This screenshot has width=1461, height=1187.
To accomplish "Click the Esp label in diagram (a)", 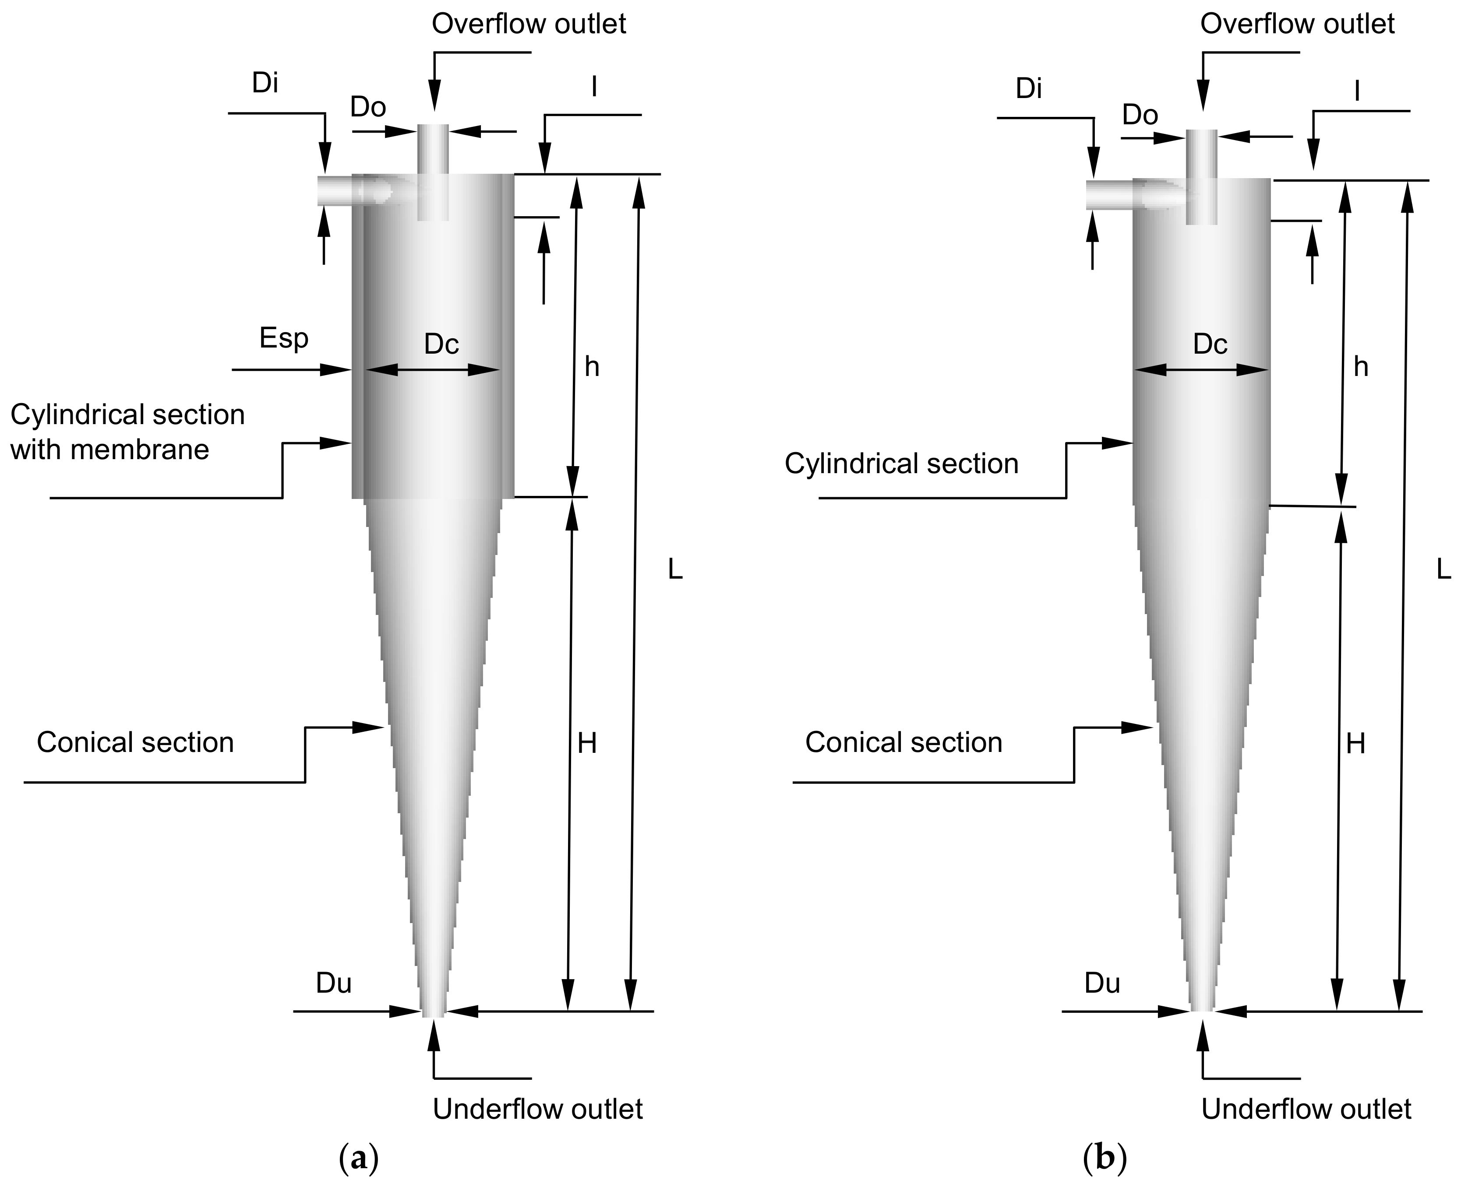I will [284, 338].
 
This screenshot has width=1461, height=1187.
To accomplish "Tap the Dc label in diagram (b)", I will [1210, 344].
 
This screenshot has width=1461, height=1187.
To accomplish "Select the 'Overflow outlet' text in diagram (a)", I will [529, 24].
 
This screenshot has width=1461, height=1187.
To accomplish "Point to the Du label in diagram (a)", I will [334, 983].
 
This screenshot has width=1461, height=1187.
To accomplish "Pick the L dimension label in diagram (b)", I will [1443, 569].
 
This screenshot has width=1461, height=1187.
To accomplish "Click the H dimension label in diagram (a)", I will [587, 743].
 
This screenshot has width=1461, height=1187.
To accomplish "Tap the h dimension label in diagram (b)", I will [1361, 368].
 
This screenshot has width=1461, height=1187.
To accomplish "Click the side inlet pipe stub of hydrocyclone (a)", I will [335, 190].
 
